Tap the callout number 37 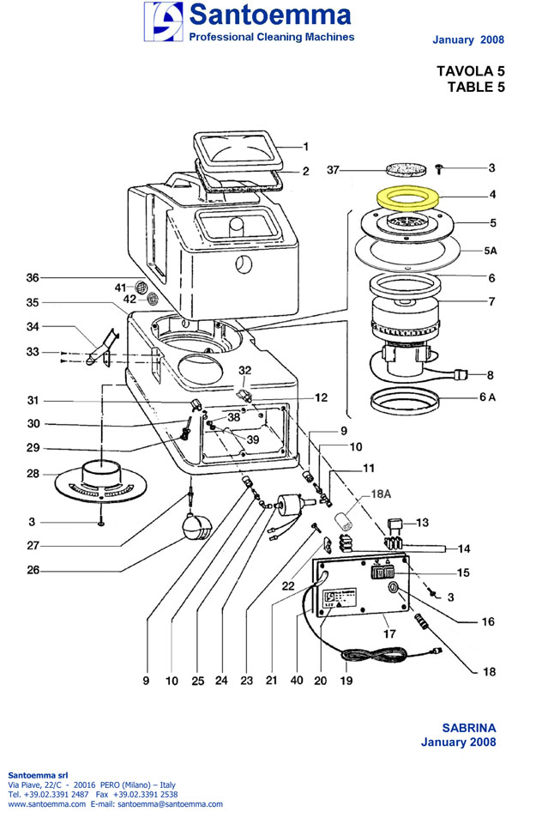pyautogui.click(x=334, y=171)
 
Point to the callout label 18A pyautogui.click(x=379, y=495)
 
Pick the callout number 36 pyautogui.click(x=33, y=277)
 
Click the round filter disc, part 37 pyautogui.click(x=396, y=170)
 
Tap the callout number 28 pyautogui.click(x=33, y=474)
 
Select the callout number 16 pyautogui.click(x=487, y=621)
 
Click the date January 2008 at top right pyautogui.click(x=468, y=39)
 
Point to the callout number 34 pyautogui.click(x=33, y=326)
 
